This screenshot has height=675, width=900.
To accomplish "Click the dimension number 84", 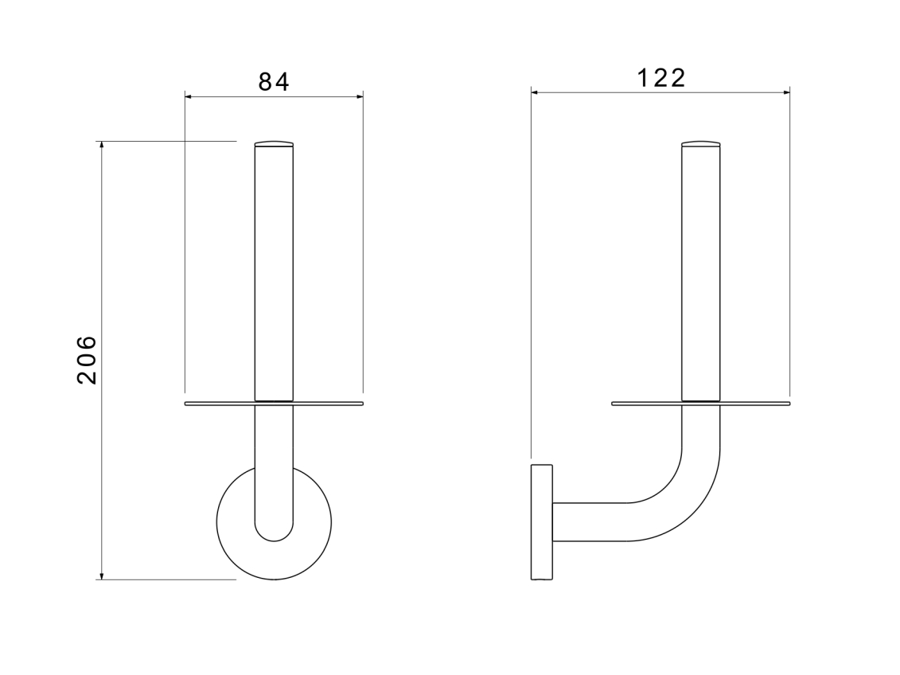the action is [274, 81].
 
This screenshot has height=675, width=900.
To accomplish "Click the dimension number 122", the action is [661, 78].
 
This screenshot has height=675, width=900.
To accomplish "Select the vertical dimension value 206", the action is [88, 360].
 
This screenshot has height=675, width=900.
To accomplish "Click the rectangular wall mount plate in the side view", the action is [542, 522].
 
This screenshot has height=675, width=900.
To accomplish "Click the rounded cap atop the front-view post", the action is [274, 143].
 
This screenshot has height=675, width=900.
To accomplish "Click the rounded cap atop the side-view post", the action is [701, 143].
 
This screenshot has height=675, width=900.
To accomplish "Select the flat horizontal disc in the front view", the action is [274, 404].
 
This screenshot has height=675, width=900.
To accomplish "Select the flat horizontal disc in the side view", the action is [701, 404].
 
